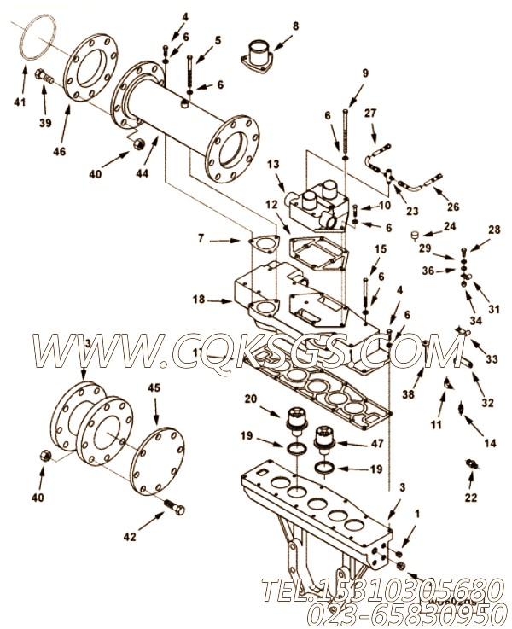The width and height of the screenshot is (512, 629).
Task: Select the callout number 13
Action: pyautogui.click(x=272, y=164)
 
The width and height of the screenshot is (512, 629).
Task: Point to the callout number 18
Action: pyautogui.click(x=199, y=300)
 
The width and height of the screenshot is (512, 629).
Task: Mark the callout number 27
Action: pyautogui.click(x=370, y=113)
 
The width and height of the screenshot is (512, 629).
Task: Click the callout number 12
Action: pyautogui.click(x=271, y=206)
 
